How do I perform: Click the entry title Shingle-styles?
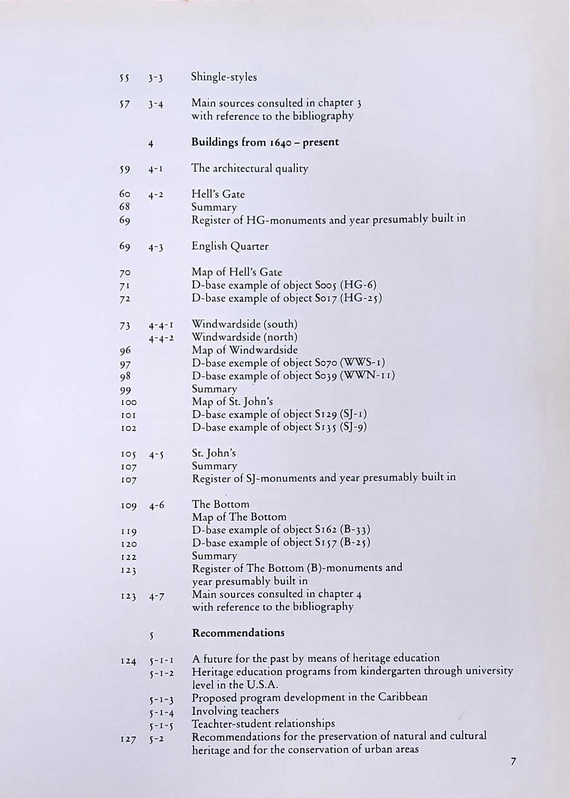tap(224, 77)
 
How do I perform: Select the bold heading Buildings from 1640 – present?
tap(265, 142)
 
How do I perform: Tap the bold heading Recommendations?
tap(238, 633)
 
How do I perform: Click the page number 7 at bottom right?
tap(513, 762)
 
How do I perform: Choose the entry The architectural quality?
tap(250, 169)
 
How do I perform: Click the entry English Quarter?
tap(230, 246)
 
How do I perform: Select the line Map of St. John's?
tap(232, 402)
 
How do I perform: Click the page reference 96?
tap(125, 351)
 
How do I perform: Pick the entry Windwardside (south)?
tap(245, 324)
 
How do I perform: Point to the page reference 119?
tap(128, 532)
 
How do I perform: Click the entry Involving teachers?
tap(235, 711)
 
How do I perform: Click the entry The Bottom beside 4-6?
tap(220, 504)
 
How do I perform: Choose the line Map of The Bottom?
tap(239, 517)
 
